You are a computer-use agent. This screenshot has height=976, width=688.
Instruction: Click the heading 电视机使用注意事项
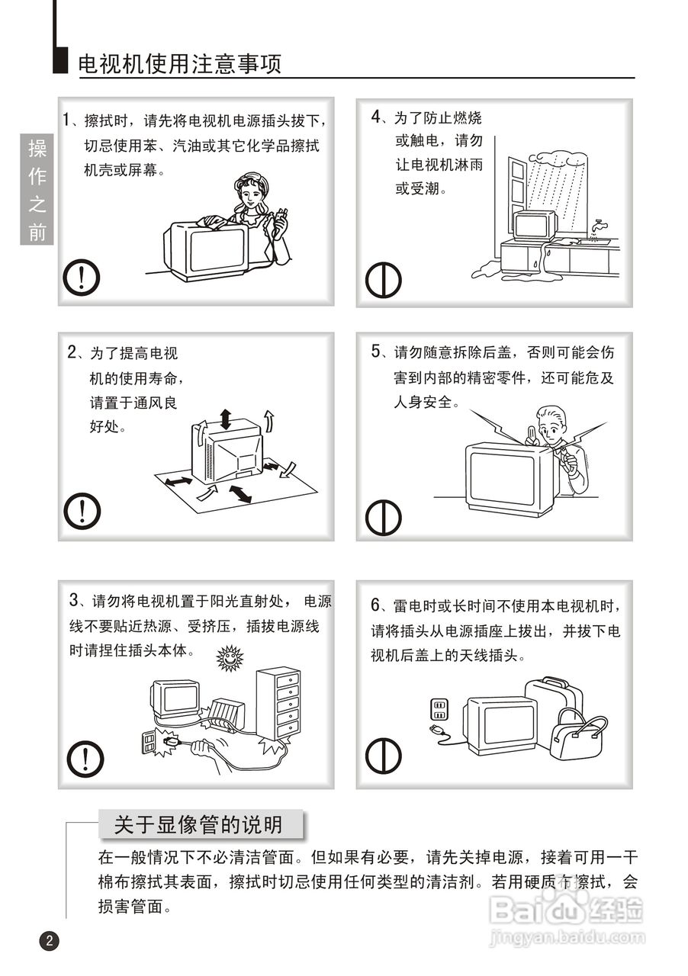180,64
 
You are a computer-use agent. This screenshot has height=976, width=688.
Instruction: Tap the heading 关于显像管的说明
198,825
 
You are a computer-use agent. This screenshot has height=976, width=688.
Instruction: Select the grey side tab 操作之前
37,189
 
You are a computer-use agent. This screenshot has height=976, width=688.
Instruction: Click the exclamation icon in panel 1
82,278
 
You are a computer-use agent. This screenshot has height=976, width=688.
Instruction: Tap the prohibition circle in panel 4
383,280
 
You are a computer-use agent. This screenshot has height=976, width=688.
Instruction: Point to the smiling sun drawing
230,657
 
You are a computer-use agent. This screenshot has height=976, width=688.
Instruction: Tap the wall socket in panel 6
439,709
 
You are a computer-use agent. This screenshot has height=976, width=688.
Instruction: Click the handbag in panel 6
577,735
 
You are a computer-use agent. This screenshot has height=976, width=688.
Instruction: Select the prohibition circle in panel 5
383,517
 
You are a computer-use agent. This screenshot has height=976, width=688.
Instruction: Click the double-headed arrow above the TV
226,419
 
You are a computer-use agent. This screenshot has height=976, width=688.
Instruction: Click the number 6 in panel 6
376,605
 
